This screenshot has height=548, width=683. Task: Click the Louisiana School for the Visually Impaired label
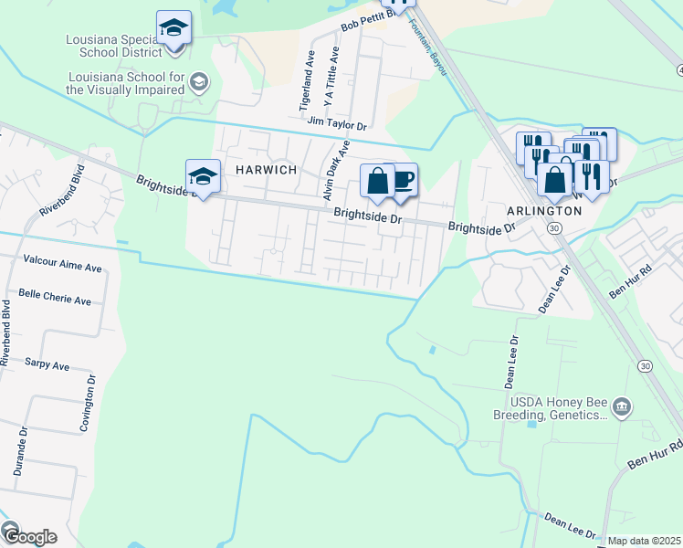pos(125,83)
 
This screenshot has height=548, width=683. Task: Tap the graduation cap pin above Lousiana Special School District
pos(173,28)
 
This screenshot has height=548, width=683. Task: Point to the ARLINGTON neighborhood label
pos(544,210)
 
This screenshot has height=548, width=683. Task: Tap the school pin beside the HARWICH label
pos(204,176)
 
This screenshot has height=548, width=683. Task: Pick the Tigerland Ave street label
pos(307,82)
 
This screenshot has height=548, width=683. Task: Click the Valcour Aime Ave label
pos(62,270)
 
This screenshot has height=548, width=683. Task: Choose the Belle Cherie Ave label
pos(55,300)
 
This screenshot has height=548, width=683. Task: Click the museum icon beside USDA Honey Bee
pos(622,406)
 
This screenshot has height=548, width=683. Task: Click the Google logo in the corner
pos(29,536)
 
